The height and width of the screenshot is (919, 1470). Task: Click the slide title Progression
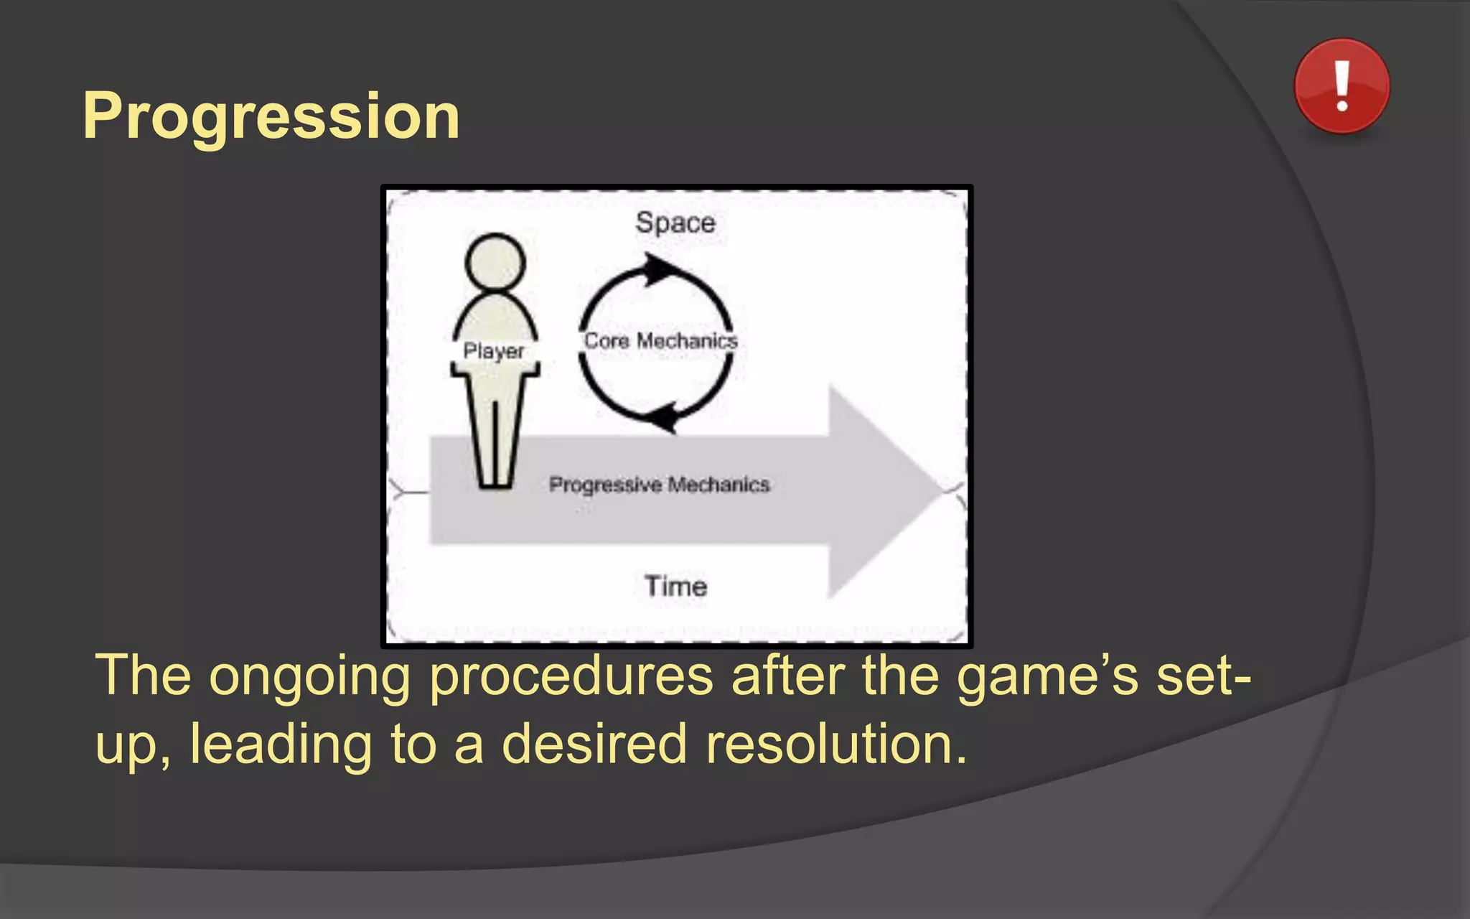point(271,116)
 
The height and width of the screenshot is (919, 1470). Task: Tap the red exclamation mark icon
point(1342,86)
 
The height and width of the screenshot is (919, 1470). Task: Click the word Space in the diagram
point(675,223)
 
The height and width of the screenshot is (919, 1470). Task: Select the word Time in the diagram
point(675,587)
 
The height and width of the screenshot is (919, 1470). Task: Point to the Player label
point(494,351)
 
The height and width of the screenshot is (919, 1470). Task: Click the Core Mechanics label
point(660,340)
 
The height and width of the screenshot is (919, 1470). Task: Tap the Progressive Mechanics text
point(659,485)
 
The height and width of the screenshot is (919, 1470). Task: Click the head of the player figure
point(495,262)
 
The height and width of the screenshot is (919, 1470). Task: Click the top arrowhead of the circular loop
point(659,270)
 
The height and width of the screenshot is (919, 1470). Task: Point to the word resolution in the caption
point(836,745)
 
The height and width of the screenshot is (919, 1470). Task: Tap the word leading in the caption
point(281,745)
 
